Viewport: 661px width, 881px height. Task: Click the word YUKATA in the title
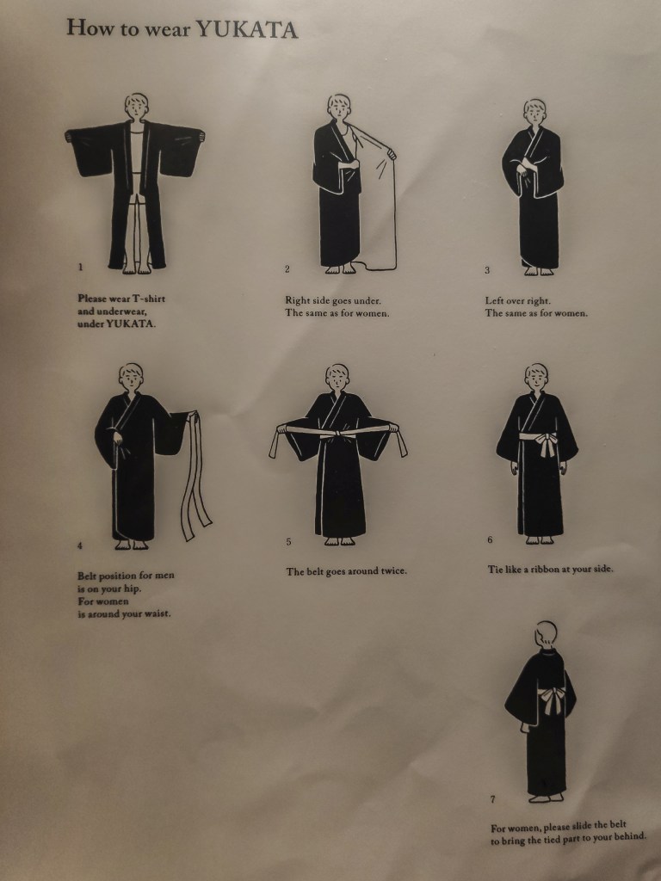[x=247, y=29]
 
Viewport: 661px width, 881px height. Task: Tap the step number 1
[x=80, y=267]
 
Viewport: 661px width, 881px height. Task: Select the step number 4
[x=80, y=545]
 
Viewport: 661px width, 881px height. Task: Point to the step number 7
[x=493, y=799]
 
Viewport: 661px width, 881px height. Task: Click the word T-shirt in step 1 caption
[x=148, y=299]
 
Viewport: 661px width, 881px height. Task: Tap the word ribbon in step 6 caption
[x=545, y=570]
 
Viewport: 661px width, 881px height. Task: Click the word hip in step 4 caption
[x=133, y=588]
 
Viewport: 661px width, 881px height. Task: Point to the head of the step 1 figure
[x=137, y=106]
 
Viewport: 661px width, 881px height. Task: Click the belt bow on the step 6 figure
[x=545, y=443]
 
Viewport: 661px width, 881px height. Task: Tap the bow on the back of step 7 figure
[x=552, y=700]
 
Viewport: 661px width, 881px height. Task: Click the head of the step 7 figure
[x=546, y=634]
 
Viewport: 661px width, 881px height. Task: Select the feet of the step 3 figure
[x=539, y=271]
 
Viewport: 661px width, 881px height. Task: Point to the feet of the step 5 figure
[x=339, y=541]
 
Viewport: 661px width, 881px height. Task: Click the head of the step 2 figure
[x=339, y=107]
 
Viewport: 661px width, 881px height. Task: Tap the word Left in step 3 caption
[x=495, y=300]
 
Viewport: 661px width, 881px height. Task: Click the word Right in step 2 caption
[x=297, y=300]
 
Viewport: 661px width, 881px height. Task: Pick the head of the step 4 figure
[x=131, y=376]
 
